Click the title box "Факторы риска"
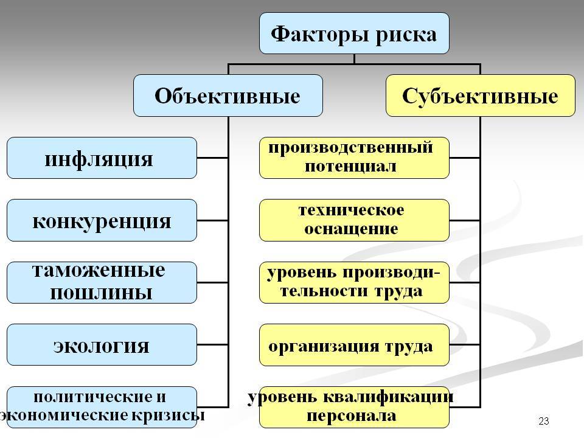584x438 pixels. [x=354, y=33]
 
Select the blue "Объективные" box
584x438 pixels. [x=228, y=96]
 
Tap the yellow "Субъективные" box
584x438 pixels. [x=481, y=96]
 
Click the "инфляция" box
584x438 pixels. [x=102, y=158]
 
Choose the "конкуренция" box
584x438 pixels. [x=102, y=220]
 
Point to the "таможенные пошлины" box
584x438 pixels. [x=102, y=282]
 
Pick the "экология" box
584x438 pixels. [x=102, y=344]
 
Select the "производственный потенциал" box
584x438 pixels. [x=354, y=158]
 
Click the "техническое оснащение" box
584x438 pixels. [x=354, y=220]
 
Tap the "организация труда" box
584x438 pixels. [x=354, y=344]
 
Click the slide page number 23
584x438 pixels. [x=544, y=421]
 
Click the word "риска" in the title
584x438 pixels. [x=406, y=34]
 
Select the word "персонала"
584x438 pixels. [x=351, y=415]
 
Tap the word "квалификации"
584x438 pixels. [x=389, y=397]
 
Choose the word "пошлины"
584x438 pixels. [x=102, y=293]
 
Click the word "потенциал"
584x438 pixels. [x=350, y=166]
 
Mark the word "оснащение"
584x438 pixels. [x=351, y=229]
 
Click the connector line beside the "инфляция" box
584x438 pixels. [x=212, y=158]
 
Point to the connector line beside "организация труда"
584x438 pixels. [x=465, y=344]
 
